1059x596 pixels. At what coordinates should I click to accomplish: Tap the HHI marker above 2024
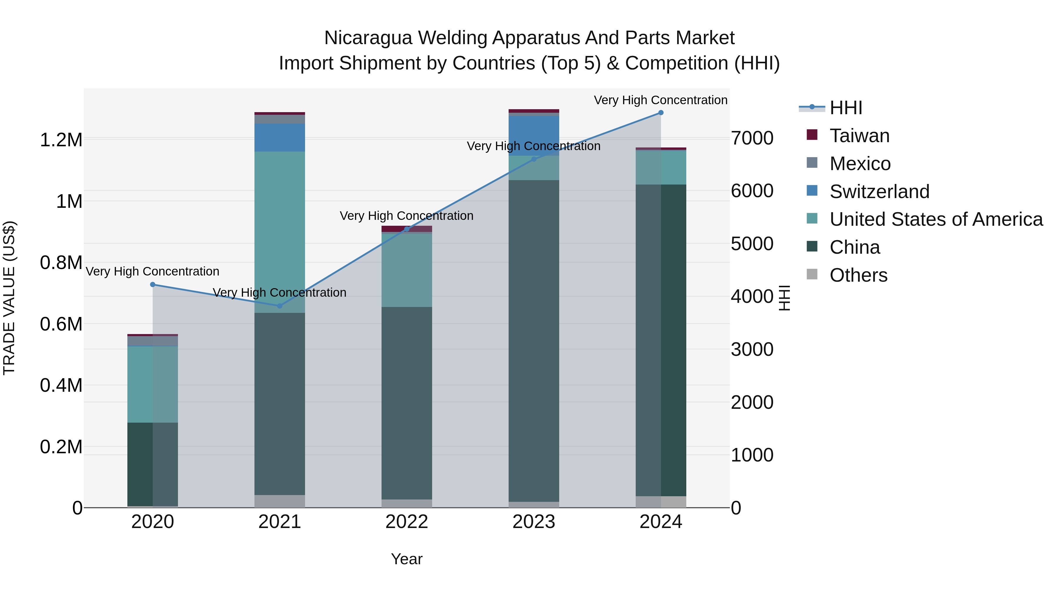(661, 113)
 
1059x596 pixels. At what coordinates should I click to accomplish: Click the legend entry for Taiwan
(859, 136)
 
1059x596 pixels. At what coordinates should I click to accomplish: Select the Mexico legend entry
(860, 164)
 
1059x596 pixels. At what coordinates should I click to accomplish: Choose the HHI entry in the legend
(846, 108)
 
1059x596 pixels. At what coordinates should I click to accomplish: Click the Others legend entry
(858, 275)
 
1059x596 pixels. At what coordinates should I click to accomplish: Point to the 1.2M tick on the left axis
(61, 140)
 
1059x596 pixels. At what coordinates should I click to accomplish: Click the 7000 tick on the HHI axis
(752, 138)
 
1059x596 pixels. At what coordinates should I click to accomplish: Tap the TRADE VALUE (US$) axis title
(9, 298)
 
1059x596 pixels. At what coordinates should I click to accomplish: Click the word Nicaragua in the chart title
(368, 38)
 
